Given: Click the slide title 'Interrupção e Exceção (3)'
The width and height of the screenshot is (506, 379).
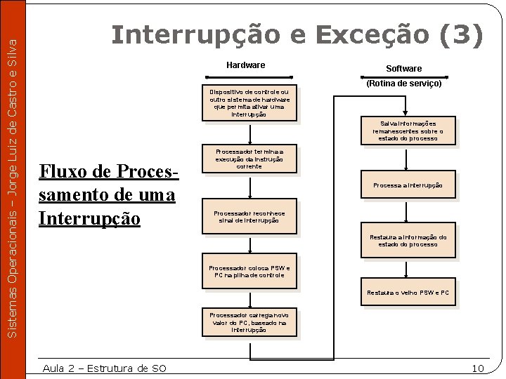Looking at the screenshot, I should [297, 34].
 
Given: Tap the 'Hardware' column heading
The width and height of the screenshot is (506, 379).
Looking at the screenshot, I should [245, 65].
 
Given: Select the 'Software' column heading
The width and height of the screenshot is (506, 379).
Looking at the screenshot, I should [403, 68].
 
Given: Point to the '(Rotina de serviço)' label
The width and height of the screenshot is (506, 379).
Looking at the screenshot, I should [403, 84].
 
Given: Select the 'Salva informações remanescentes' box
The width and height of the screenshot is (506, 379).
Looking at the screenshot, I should [408, 131].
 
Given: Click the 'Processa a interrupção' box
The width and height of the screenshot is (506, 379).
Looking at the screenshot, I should [408, 185].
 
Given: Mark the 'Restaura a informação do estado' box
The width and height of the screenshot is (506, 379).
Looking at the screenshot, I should [408, 241].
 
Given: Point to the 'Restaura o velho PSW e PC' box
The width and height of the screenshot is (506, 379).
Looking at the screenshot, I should [408, 293].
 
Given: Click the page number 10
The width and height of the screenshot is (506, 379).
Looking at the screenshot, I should [478, 368].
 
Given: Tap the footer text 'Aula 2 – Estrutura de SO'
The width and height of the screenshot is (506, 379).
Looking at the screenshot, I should [104, 368].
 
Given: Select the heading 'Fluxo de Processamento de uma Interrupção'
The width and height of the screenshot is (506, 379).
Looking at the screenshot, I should [109, 196].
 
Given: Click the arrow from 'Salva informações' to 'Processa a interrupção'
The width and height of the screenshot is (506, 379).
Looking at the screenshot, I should [408, 159].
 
